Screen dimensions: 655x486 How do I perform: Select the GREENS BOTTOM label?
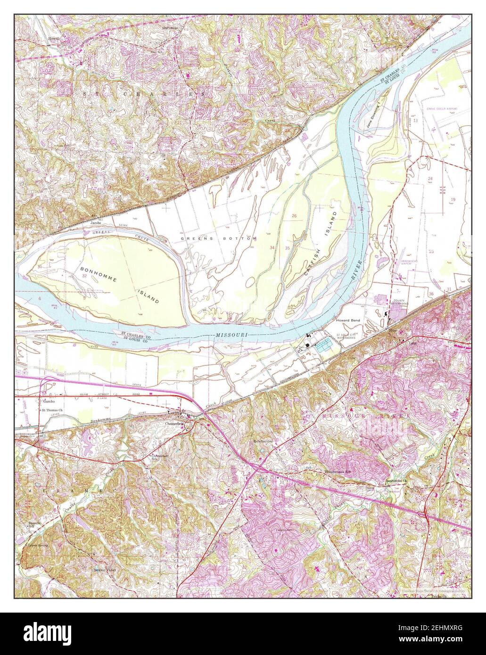click(x=218, y=238)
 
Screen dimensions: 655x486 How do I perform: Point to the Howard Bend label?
click(x=348, y=320)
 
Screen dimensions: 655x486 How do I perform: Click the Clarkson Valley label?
click(x=104, y=569)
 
